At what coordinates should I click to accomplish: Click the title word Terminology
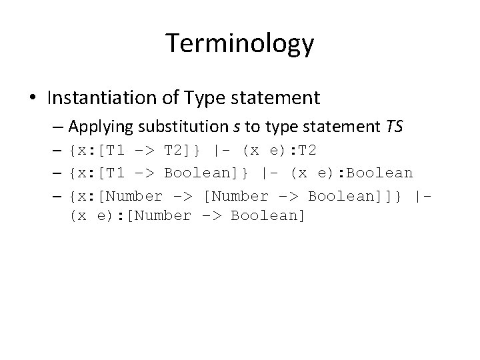tap(239, 44)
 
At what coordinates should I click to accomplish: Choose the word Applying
tap(95, 125)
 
